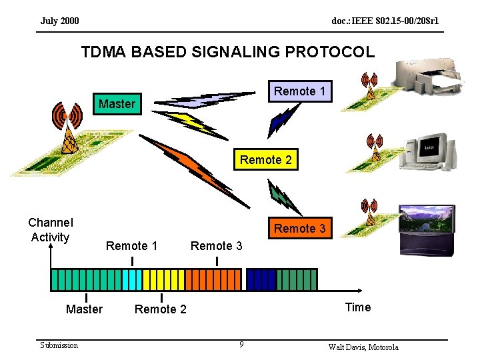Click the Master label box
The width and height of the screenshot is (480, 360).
[117, 103]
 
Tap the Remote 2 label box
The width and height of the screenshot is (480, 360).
[265, 160]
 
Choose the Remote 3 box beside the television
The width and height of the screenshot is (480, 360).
[300, 229]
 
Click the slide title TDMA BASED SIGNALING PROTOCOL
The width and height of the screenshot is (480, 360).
[228, 51]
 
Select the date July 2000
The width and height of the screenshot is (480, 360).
[59, 21]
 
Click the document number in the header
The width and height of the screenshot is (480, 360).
[385, 21]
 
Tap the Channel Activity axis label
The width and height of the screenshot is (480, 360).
[51, 230]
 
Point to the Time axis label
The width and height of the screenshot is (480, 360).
[357, 307]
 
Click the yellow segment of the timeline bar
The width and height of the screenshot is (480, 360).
[153, 279]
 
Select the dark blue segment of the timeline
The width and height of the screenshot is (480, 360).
[261, 279]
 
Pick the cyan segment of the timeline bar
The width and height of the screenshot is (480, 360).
[132, 279]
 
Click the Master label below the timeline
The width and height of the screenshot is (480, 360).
[85, 309]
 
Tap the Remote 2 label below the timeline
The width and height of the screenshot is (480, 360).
[161, 309]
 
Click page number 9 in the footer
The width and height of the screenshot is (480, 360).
[241, 345]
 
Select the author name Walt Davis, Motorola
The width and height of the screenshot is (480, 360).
[363, 347]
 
